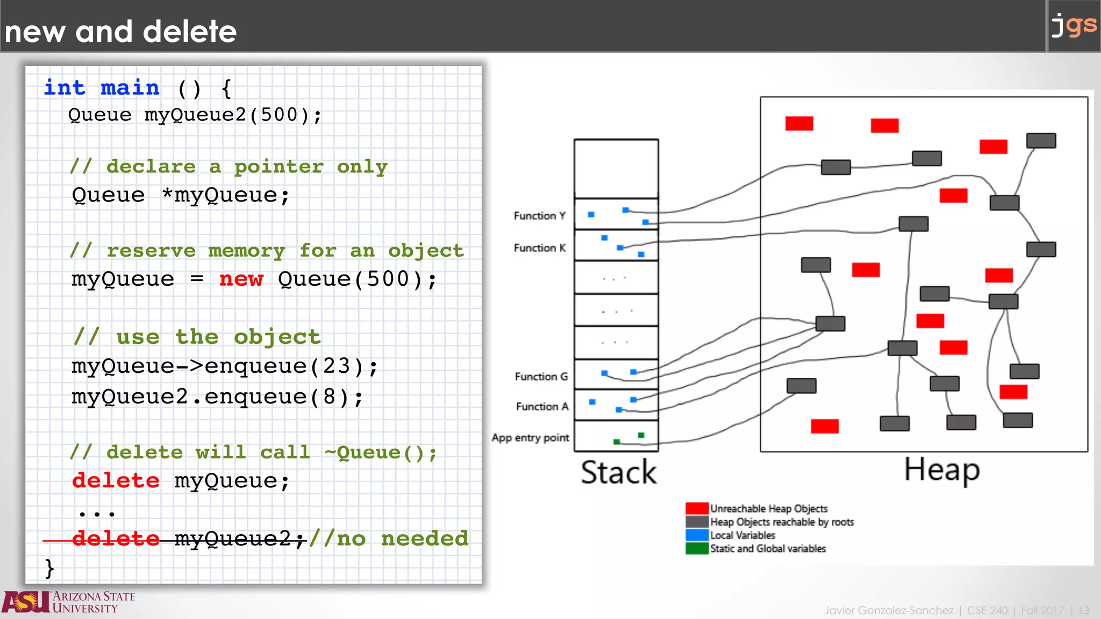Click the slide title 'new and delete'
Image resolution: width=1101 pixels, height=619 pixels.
(120, 31)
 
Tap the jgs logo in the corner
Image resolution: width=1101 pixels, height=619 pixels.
(1074, 26)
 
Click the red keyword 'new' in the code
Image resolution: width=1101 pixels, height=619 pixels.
(241, 279)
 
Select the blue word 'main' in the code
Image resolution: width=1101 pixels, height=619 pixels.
(130, 88)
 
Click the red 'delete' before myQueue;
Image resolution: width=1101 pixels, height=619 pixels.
(116, 480)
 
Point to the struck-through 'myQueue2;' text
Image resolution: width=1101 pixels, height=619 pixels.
(240, 538)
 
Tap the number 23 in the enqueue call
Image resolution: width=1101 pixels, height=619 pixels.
(336, 366)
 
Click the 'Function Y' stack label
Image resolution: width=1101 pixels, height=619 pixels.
(539, 216)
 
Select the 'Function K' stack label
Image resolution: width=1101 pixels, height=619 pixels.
(539, 248)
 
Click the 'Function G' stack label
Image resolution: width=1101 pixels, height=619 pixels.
(541, 377)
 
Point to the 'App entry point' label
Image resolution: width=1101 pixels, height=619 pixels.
(530, 438)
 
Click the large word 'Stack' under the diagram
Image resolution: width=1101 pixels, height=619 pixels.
(618, 472)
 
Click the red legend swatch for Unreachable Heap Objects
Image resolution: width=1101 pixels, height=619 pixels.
(697, 508)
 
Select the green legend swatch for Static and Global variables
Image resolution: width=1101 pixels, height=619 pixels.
(697, 549)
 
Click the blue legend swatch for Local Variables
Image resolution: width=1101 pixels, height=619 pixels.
(697, 535)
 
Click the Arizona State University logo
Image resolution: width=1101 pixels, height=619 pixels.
(68, 602)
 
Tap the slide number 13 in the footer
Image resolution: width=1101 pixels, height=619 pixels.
(1083, 611)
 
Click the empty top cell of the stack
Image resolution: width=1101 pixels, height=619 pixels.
(616, 169)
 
